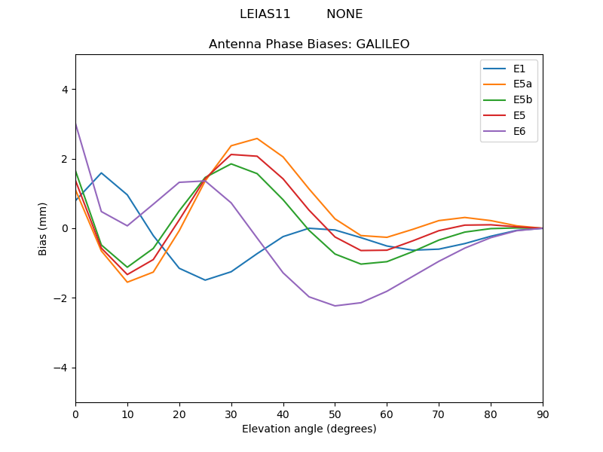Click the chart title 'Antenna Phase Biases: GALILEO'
click(309, 44)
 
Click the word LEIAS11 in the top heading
click(265, 14)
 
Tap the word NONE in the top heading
click(344, 14)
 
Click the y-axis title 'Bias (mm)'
click(43, 228)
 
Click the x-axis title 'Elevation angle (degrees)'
click(309, 429)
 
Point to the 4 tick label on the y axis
click(64, 90)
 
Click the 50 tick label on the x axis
click(335, 414)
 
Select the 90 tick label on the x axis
click(543, 414)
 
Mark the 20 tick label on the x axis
click(179, 414)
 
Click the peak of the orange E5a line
click(257, 139)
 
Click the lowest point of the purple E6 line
click(335, 306)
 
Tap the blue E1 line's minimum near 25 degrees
click(205, 280)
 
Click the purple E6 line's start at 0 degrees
click(76, 124)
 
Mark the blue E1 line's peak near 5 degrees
click(101, 173)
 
